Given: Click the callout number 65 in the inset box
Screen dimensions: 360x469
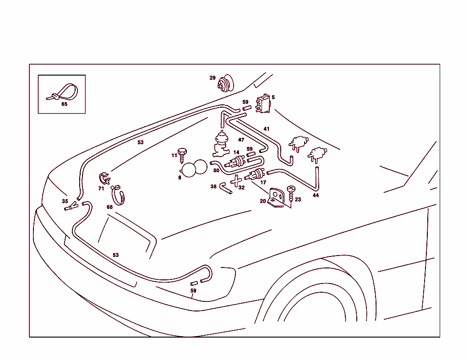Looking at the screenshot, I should coord(64,104).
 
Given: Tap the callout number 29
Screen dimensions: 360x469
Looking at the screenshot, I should coord(213,78).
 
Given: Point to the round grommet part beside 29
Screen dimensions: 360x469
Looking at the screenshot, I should coord(225,84).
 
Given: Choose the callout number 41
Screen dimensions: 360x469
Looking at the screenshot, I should coord(267,129).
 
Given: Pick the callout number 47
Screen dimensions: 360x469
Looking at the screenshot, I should coord(241,140).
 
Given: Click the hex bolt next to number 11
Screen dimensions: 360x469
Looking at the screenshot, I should coord(182,152).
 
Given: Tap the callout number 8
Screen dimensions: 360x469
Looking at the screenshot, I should coord(180,177).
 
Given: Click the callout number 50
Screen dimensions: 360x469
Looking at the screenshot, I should coord(216,170).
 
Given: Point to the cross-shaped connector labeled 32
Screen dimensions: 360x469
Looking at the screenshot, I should coord(236,181).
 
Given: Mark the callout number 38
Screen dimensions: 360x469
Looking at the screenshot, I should coord(213,186).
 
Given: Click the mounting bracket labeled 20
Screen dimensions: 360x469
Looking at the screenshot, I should coord(276,198).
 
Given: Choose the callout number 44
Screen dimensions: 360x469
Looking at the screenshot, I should coord(316,196).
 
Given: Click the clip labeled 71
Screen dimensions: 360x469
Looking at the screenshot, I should coord(104,177).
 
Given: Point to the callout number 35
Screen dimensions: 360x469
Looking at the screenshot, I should coord(65,201).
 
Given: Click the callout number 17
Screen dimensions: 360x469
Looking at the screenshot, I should coord(263,182).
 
